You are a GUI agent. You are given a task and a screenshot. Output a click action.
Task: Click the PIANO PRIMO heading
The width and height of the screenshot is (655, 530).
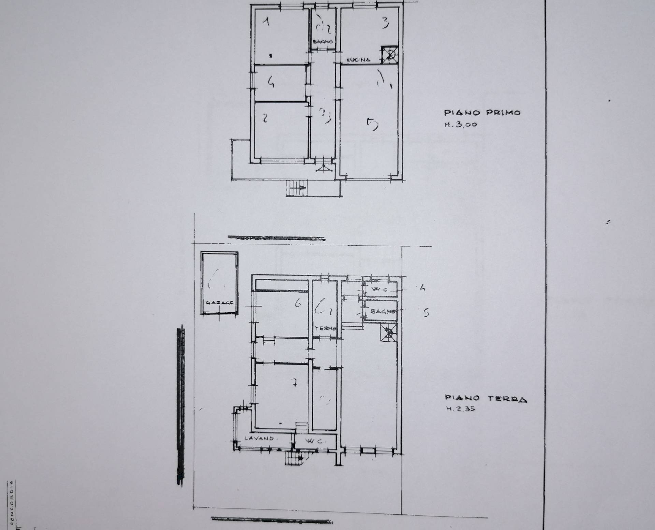click(x=482, y=113)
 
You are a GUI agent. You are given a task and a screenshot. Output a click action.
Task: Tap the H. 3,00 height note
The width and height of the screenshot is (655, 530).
click(x=461, y=125)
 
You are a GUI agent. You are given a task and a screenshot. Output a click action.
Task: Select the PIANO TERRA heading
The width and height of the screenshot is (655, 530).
click(x=485, y=398)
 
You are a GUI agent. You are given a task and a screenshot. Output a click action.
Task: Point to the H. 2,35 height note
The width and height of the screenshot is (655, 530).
click(x=461, y=409)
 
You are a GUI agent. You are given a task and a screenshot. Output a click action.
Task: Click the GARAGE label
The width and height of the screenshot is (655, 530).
click(x=219, y=303)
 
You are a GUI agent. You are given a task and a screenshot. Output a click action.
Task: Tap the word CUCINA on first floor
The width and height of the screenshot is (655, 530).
click(x=359, y=60)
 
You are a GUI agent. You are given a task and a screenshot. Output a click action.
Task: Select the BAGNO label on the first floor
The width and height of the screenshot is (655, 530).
click(x=323, y=42)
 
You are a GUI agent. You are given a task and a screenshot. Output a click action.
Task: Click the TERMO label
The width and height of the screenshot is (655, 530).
click(x=325, y=329)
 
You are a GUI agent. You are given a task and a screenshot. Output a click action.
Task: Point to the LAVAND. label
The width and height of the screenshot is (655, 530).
click(x=259, y=438)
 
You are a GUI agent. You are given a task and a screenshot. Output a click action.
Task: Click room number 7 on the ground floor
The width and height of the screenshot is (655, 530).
click(x=294, y=383)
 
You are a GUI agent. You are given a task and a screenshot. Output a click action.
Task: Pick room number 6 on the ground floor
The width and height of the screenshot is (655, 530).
click(x=298, y=303)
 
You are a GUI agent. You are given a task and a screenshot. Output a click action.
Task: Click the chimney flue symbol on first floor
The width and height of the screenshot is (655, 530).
click(x=389, y=55)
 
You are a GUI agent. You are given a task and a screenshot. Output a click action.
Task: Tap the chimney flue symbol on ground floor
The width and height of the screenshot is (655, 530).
click(x=389, y=332)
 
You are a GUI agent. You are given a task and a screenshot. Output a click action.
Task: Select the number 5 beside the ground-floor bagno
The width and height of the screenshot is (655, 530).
click(x=426, y=313)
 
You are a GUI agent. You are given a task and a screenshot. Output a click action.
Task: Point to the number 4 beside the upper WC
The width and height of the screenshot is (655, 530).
click(x=423, y=288)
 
